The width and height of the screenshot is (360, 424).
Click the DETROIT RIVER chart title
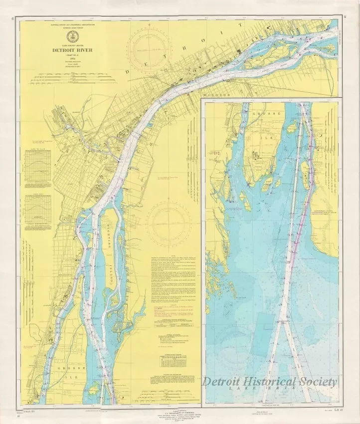[69, 50]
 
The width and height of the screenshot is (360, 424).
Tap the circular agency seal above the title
[69, 38]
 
